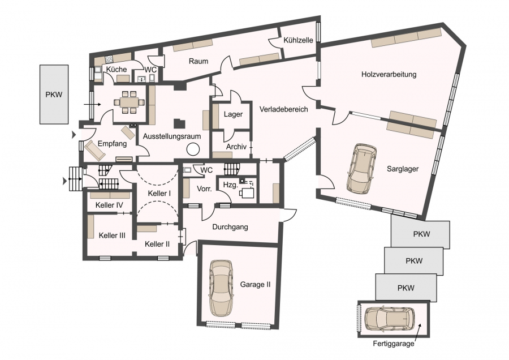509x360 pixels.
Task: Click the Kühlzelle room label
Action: (298, 40)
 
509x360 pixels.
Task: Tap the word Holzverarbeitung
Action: (389, 74)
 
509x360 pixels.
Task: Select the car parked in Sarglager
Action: (361, 169)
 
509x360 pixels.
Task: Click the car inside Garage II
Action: (221, 288)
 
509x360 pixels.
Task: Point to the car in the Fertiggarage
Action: (390, 319)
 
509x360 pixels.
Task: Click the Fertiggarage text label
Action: (394, 344)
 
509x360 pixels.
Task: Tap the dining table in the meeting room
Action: (129, 102)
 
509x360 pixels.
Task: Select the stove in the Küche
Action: (109, 59)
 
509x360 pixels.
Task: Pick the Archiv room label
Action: (236, 147)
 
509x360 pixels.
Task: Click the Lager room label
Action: (233, 114)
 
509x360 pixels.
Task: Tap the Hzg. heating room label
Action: (231, 185)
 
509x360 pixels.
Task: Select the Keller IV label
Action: (109, 205)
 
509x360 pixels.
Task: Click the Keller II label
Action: (157, 244)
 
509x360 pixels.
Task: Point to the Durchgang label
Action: (230, 227)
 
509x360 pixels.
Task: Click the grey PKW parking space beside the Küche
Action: (54, 94)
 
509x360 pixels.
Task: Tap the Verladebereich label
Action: (283, 109)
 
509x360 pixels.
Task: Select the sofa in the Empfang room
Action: (95, 151)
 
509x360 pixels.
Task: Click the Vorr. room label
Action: (205, 188)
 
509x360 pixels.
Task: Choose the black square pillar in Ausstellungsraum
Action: (179, 123)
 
